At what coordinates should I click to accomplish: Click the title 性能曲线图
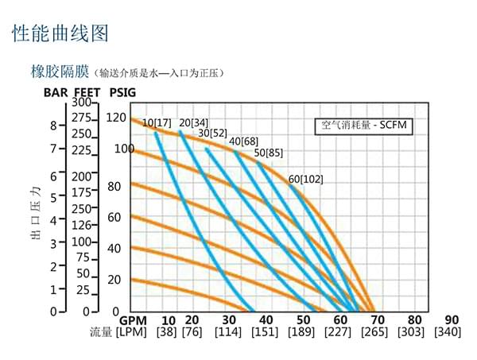[x=60, y=33]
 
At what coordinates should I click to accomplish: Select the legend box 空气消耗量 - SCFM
[x=363, y=126]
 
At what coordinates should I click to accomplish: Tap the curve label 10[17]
[x=156, y=122]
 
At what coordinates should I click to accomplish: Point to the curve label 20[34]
[x=194, y=122]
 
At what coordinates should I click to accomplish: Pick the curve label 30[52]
[x=212, y=133]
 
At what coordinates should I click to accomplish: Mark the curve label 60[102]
[x=306, y=179]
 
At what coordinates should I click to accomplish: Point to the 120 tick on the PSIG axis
[x=117, y=118]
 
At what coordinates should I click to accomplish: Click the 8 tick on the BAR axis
[x=53, y=126]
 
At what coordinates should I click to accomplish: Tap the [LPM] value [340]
[x=448, y=331]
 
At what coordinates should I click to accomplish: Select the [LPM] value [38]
[x=167, y=331]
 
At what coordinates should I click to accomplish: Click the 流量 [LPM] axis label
[x=116, y=331]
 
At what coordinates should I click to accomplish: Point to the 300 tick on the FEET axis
[x=82, y=103]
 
